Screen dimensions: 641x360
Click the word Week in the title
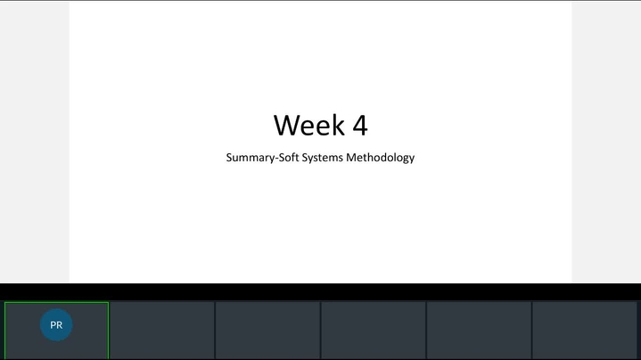[309, 125]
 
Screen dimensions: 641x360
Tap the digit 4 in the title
[360, 125]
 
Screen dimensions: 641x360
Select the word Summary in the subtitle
[251, 158]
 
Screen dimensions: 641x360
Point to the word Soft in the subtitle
[289, 158]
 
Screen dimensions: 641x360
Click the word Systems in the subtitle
[322, 158]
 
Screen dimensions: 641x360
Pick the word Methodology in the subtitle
[380, 158]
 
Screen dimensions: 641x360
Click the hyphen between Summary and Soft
[276, 159]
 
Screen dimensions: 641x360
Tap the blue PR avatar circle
[56, 325]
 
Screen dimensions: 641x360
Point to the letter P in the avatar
[53, 325]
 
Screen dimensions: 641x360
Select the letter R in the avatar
[59, 325]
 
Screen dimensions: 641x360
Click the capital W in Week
[286, 125]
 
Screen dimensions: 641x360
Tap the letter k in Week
[339, 125]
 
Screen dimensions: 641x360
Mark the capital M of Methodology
[350, 158]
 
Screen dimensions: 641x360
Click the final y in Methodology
[412, 159]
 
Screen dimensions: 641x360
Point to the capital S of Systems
[305, 158]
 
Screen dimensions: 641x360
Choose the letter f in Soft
[293, 157]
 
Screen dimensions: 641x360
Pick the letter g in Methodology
[406, 159]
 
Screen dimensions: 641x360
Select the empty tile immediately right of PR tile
[162, 331]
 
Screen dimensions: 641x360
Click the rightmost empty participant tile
[584, 331]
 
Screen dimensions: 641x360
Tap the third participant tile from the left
[267, 331]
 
